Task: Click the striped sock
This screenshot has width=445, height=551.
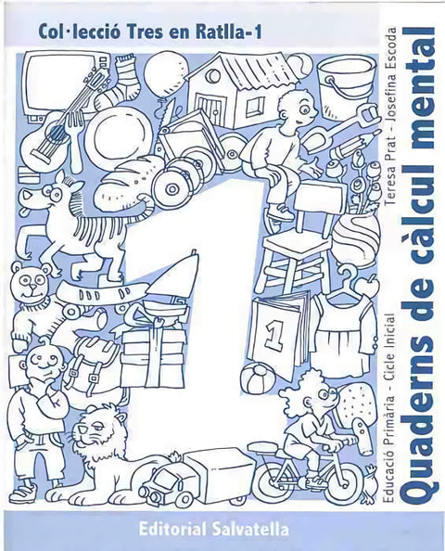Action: tap(119, 83)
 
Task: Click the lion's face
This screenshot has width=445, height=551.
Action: tap(95, 432)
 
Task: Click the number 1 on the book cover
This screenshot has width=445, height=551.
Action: tap(274, 335)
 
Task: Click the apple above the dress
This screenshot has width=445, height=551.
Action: tap(367, 286)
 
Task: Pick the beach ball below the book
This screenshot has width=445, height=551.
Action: tap(260, 378)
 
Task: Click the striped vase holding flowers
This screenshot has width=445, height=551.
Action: tap(356, 239)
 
